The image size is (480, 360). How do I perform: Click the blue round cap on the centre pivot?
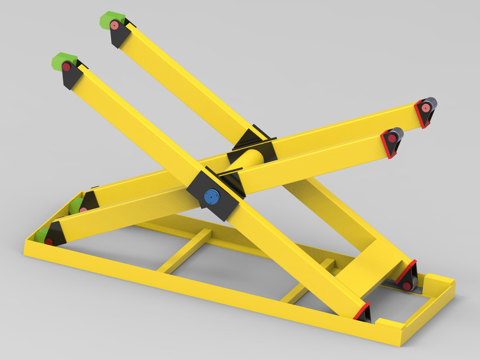(212, 197)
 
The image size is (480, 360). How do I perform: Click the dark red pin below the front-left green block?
(66, 67)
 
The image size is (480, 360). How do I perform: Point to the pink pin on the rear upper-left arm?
(115, 25)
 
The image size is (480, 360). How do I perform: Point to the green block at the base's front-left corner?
(40, 236)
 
